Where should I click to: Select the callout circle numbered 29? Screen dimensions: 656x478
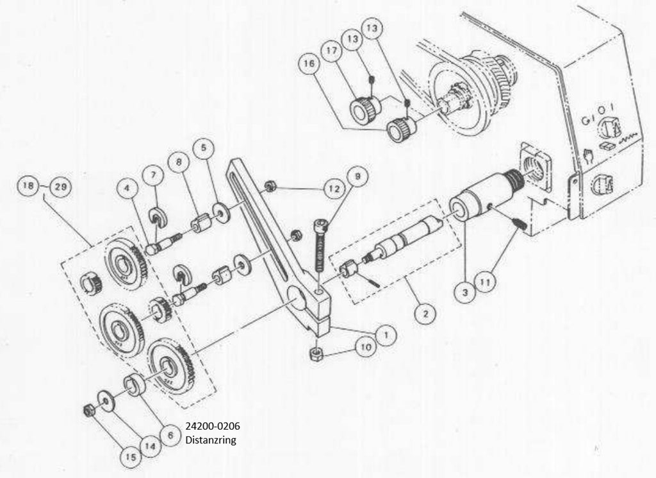61,187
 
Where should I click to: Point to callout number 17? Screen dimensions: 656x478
332,51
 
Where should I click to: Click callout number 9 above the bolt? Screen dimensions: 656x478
357,177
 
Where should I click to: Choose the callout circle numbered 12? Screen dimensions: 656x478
334,189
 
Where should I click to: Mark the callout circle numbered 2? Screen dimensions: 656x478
425,313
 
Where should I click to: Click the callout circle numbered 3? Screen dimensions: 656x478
464,292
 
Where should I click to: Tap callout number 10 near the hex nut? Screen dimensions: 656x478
366,347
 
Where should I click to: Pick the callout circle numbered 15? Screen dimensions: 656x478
131,457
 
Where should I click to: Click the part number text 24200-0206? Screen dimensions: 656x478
213,427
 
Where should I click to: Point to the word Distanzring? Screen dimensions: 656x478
211,440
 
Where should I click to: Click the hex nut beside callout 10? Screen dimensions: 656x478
317,354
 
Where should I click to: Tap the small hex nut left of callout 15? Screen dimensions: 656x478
88,411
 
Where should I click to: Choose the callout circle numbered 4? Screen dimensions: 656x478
127,189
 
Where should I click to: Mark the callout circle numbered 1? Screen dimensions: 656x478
386,335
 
